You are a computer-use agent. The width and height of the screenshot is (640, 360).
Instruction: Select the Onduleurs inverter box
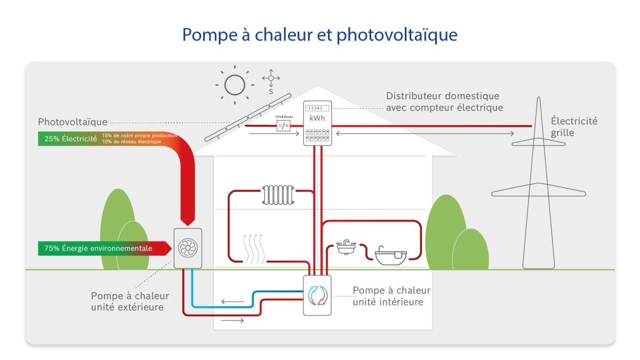point(283,126)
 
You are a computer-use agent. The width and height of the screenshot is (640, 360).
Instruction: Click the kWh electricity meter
point(317,123)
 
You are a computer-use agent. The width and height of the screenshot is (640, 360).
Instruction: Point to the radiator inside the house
point(278,195)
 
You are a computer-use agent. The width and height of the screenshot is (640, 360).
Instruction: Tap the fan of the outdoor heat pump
point(188,248)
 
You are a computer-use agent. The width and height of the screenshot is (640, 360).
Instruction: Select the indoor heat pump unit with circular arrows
point(317,295)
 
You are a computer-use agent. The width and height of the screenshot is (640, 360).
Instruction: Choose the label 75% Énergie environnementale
point(98,249)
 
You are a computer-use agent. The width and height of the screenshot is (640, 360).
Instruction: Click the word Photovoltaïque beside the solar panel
point(73,122)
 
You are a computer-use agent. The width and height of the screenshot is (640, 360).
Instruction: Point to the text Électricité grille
point(574,127)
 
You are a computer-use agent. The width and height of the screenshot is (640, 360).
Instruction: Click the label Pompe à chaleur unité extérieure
point(130,301)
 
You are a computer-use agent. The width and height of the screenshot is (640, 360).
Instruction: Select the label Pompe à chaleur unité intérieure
point(391,296)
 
